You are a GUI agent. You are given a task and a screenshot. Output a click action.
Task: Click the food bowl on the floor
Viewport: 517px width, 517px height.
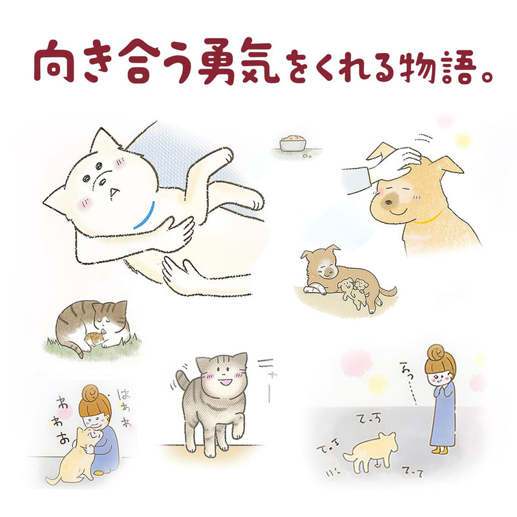tap(292, 143)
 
